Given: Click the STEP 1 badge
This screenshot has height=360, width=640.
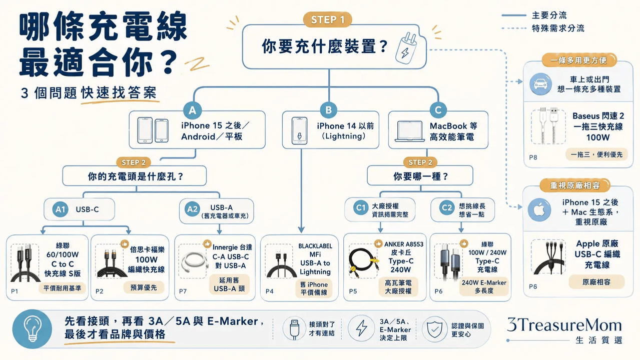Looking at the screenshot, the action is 327,19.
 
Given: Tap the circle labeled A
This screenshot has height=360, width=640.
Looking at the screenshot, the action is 192,110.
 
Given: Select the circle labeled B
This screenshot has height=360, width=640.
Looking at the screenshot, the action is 329,110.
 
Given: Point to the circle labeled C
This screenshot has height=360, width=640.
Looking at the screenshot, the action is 438,110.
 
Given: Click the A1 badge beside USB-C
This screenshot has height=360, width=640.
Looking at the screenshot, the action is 60,209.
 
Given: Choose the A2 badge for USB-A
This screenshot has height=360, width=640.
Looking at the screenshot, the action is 192,209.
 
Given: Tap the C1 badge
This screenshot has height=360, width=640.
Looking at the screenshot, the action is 361,207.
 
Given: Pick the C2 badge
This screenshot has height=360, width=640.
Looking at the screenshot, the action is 447,207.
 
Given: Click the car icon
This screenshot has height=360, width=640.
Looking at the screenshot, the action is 540,84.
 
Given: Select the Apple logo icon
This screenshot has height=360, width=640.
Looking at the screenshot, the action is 539,210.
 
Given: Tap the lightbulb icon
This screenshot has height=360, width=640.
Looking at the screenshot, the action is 32,329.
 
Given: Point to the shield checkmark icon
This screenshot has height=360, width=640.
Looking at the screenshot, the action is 434,329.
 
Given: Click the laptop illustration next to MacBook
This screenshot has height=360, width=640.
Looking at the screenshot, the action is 410,131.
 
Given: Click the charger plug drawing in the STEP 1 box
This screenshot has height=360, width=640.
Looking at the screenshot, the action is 406,48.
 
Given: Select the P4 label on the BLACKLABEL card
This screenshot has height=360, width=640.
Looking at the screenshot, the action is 269,291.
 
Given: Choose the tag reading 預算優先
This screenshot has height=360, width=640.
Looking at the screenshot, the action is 144,287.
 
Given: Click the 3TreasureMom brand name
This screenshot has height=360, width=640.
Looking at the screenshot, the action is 564,325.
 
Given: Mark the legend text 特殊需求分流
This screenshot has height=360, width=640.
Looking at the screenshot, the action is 558,28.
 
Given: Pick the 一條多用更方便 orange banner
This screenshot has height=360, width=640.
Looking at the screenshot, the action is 578,60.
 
